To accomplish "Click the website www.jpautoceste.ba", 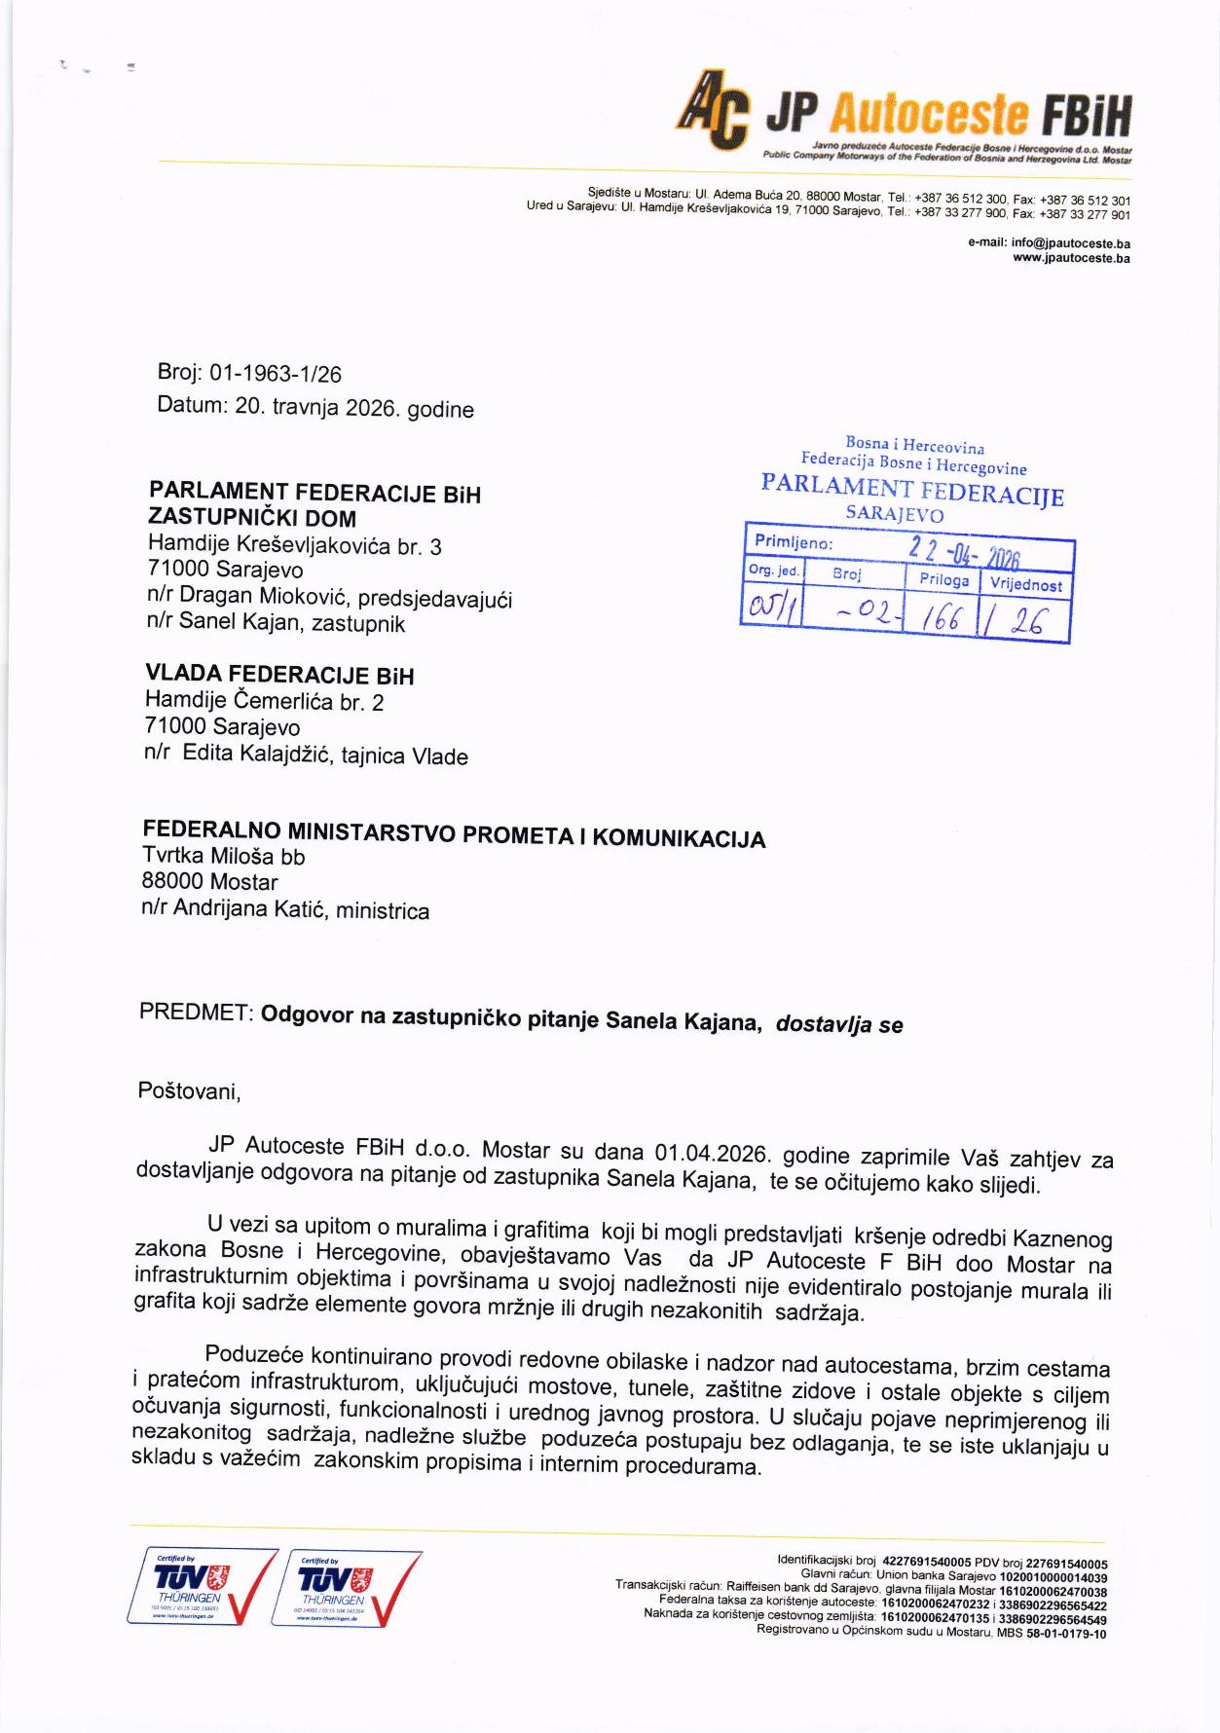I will (x=1071, y=258).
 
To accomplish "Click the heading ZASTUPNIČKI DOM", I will (x=251, y=519).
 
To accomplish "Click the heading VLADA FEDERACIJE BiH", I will (x=279, y=675).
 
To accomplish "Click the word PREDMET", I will (x=196, y=1013).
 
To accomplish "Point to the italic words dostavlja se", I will (x=838, y=1023).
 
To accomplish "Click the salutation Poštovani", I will (x=189, y=1090).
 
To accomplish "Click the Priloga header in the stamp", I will (x=943, y=580).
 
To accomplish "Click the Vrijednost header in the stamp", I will (x=1026, y=584).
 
